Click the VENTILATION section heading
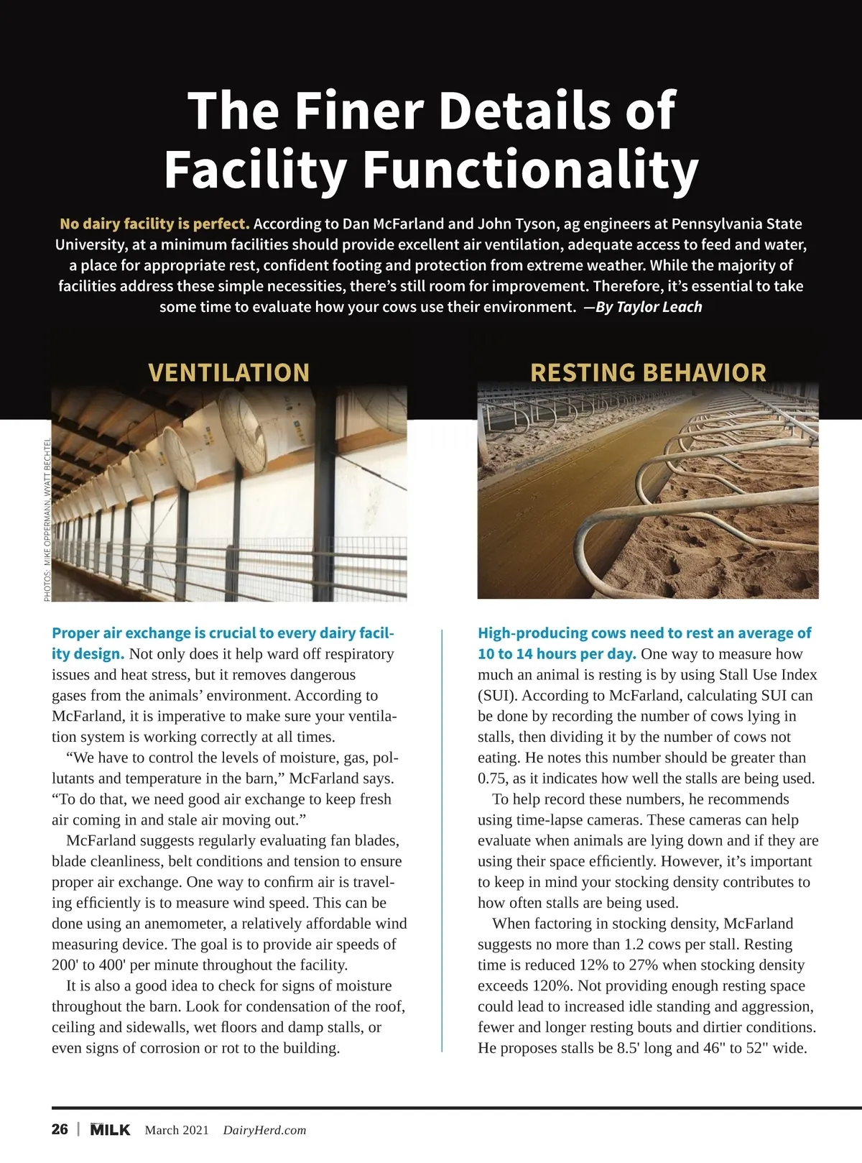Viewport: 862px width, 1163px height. point(228,372)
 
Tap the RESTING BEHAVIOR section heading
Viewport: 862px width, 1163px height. point(648,372)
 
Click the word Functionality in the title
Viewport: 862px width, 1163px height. point(530,170)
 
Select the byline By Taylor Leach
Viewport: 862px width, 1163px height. point(649,307)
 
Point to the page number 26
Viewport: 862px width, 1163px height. point(60,1129)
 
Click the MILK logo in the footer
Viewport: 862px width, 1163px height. point(110,1129)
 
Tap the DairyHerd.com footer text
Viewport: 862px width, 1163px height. point(264,1130)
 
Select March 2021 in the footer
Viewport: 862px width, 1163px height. point(177,1130)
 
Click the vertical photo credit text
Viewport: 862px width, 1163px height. point(47,519)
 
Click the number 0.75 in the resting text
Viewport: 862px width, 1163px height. point(492,778)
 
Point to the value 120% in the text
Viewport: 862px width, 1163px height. point(551,985)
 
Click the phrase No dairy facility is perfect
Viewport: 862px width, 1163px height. point(154,224)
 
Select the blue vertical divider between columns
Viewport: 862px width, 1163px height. point(442,841)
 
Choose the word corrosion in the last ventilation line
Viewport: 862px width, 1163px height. point(170,1048)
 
